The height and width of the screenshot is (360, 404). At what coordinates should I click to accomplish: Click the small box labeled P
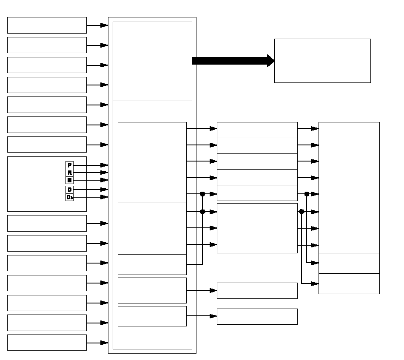coord(69,165)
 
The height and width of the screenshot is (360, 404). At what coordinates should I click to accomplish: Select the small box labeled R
coord(69,173)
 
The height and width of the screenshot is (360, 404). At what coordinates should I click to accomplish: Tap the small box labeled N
coord(69,180)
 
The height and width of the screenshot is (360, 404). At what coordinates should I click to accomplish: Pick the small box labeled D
coord(69,189)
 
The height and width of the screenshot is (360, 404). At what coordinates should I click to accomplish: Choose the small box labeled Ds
coord(69,197)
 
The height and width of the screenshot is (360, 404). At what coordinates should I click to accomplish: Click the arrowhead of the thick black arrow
coord(270,61)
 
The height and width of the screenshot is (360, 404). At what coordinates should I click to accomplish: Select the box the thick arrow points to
coord(322,61)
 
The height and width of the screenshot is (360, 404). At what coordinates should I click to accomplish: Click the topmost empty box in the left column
coord(47,25)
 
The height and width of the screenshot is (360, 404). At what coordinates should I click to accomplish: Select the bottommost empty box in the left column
coord(47,343)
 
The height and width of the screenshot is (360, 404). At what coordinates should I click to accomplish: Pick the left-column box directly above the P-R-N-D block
coord(47,145)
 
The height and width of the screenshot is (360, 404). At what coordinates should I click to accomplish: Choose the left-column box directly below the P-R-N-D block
coord(47,223)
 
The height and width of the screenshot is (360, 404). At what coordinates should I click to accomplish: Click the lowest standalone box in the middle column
coord(257,317)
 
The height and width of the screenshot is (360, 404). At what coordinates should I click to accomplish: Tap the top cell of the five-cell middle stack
coord(257,130)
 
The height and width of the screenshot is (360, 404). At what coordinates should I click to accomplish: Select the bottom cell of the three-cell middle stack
coord(257,245)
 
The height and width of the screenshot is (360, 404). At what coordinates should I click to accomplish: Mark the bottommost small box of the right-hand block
coord(349,283)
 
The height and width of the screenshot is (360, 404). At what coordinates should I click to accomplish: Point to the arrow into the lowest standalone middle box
coord(202,316)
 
